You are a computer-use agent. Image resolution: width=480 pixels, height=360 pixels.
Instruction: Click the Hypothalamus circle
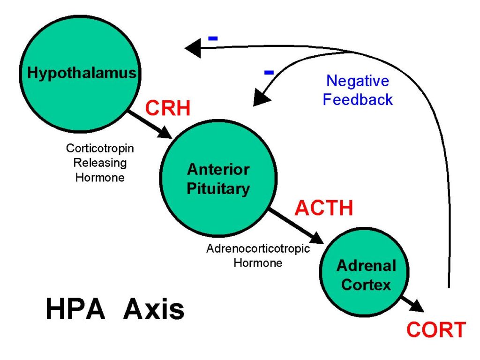coord(81,74)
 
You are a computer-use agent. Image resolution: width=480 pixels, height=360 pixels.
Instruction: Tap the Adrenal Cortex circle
coord(366,275)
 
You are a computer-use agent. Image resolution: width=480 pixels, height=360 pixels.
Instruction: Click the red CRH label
coord(167,109)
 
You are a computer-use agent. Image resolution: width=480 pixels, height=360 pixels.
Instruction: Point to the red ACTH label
coord(323,208)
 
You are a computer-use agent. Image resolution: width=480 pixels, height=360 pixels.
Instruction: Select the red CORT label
coord(436,330)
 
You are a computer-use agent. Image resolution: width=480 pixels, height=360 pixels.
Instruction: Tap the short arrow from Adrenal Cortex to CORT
coord(412,304)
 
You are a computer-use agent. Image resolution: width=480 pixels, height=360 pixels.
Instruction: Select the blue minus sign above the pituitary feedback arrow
coord(269,73)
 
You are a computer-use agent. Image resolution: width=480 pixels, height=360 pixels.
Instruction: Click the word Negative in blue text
coord(358,81)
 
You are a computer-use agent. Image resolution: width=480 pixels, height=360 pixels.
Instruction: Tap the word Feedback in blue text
coord(358,99)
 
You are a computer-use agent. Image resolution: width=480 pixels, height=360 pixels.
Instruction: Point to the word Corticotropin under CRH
coord(100,148)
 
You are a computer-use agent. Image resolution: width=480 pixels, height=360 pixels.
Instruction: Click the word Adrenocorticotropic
coord(258,248)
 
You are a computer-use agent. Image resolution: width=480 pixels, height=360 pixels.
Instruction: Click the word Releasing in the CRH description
coord(100,163)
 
